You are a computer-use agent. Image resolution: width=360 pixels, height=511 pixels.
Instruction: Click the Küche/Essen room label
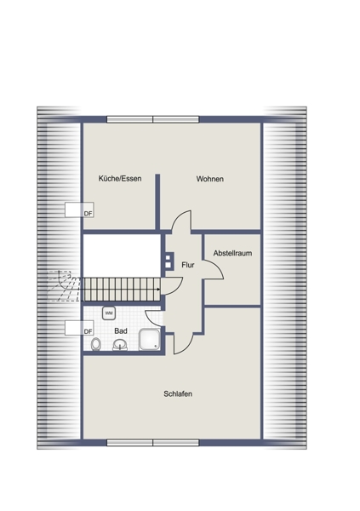point(120,179)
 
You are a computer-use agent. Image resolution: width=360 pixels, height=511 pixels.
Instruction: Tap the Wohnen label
point(210,179)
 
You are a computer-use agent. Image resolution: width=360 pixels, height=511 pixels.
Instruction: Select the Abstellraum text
point(232,253)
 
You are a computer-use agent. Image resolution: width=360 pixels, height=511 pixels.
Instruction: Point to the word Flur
point(188,265)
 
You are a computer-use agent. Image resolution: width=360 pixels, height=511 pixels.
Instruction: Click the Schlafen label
point(178,393)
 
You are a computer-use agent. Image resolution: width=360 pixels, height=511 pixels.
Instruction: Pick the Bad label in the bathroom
point(121,330)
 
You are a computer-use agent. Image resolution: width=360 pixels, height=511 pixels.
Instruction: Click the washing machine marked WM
point(109,313)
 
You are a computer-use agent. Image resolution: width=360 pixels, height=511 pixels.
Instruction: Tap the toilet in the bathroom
point(96,344)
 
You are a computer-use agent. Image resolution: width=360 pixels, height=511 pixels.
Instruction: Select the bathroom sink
point(120,345)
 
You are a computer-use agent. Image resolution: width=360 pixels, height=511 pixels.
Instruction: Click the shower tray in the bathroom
point(150,340)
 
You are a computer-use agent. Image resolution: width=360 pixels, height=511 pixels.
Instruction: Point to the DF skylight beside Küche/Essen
point(79,210)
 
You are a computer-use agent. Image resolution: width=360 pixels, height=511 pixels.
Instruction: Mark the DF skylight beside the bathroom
point(79,328)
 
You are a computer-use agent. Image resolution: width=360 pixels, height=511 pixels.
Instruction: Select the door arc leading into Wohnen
point(178,218)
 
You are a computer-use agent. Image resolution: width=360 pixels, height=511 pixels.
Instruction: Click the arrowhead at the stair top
point(158,289)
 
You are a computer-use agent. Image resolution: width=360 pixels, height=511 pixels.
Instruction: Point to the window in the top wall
point(153,119)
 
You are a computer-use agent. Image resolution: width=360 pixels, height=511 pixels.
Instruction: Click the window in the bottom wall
point(153,442)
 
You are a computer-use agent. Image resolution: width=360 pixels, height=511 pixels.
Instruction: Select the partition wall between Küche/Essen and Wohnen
point(157,202)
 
